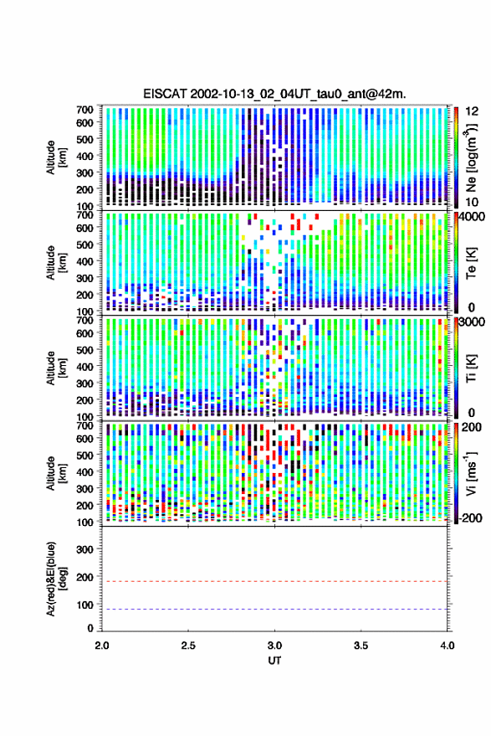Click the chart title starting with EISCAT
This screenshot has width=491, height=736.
tap(274, 94)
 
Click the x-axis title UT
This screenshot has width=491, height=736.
tap(274, 661)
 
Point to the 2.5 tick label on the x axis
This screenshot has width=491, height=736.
tap(188, 646)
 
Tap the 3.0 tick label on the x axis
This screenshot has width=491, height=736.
tap(274, 646)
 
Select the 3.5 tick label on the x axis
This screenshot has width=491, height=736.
tap(361, 646)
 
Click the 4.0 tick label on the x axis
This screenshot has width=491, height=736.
tap(447, 646)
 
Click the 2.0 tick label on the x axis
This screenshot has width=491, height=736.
tap(102, 646)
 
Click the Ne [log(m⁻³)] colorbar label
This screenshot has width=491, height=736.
tap(471, 157)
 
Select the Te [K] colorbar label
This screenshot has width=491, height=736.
tap(471, 263)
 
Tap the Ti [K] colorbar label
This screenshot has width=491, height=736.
tap(471, 368)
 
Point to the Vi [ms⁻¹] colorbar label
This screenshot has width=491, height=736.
tap(471, 473)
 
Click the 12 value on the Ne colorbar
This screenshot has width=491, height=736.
tap(473, 111)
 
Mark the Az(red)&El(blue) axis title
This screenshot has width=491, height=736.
tap(56, 579)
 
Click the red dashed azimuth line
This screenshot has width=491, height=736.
tap(274, 581)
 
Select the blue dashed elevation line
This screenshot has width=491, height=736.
tap(274, 609)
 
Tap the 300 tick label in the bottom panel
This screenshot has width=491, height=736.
tap(84, 549)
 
